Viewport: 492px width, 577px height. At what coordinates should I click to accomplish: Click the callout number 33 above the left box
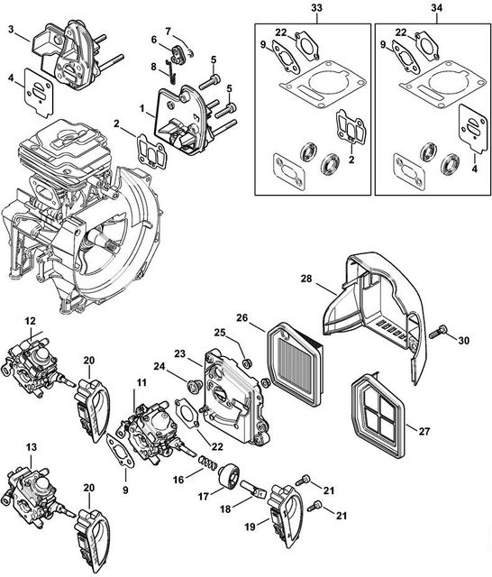316,8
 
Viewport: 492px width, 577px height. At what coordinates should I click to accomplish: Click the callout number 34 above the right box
437,8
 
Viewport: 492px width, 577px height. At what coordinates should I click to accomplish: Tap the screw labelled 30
438,332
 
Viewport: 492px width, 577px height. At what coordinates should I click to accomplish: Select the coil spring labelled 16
208,463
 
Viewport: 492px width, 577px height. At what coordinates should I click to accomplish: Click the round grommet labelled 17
230,475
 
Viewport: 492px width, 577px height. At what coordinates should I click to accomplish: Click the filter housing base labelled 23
235,396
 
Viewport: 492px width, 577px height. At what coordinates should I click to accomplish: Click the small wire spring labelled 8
170,71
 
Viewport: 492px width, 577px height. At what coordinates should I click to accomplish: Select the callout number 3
12,30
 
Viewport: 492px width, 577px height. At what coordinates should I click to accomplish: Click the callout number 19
250,527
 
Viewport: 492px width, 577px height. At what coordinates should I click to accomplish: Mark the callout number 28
306,279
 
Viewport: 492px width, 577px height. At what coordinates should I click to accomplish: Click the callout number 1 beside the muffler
141,108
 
